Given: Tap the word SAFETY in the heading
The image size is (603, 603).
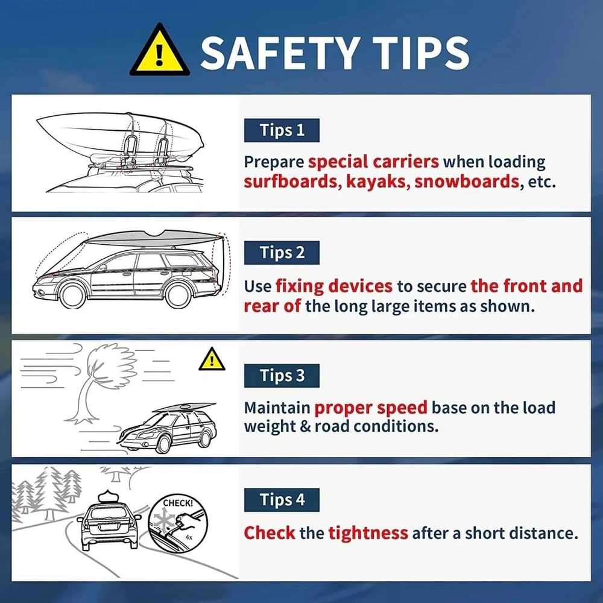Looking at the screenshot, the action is pos(280,53).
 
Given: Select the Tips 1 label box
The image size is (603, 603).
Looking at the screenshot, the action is pos(282,130).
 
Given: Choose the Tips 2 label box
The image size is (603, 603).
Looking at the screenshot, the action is pos(282,253).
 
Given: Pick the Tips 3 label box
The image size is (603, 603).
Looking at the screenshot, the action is pos(282,376).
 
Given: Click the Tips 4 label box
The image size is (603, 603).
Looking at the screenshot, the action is pos(282,500).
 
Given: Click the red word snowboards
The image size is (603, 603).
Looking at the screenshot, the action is pos(467,181).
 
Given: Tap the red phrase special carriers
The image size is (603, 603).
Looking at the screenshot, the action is pos(373,162).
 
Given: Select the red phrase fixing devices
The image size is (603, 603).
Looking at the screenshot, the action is pos(334,286).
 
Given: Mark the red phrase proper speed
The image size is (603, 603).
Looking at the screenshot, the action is pos(371,408).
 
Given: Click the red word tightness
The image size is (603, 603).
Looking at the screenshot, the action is pos(368,533).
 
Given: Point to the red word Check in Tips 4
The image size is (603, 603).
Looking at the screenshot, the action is pos(270,533).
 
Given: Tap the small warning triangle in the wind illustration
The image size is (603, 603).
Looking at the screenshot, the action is pos(212,360).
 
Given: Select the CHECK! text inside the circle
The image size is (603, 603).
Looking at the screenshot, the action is pos(178,503).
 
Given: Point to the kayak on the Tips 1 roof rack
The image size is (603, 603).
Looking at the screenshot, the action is pos(119,133).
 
